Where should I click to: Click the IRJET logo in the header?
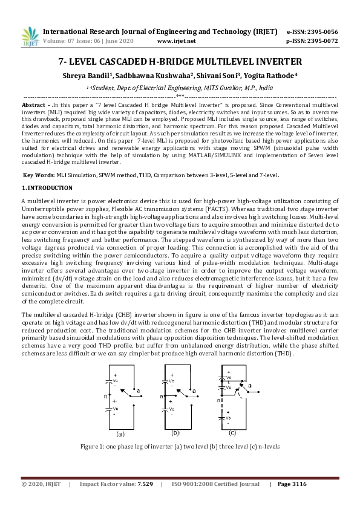pos(30,36)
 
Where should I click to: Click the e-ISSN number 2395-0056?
pos(324,31)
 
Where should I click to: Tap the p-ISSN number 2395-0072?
pos(324,41)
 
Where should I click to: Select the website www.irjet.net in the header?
pos(176,41)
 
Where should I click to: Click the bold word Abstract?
pos(33,105)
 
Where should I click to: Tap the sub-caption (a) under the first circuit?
pos(120,433)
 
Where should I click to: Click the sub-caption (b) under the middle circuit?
pos(175,433)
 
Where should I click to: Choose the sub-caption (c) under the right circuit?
pos(232,433)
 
